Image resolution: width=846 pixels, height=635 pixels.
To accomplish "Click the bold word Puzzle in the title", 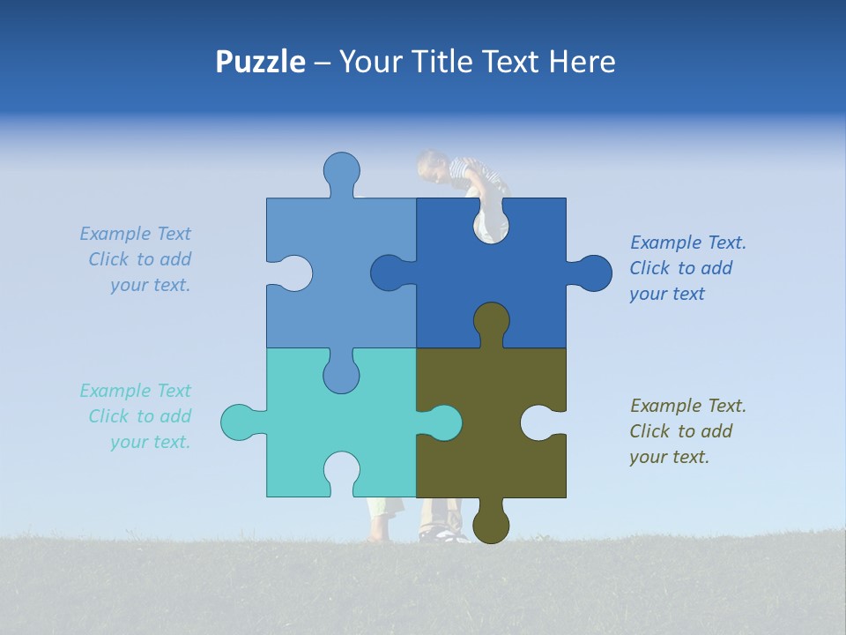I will click(260, 62).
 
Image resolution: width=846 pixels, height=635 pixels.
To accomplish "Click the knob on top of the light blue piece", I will click(341, 171).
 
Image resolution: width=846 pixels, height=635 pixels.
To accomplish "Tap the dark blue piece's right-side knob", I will click(593, 273).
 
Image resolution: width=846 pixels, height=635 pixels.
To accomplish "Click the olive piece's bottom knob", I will click(491, 524).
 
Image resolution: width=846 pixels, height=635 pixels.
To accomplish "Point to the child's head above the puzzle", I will click(432, 165).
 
